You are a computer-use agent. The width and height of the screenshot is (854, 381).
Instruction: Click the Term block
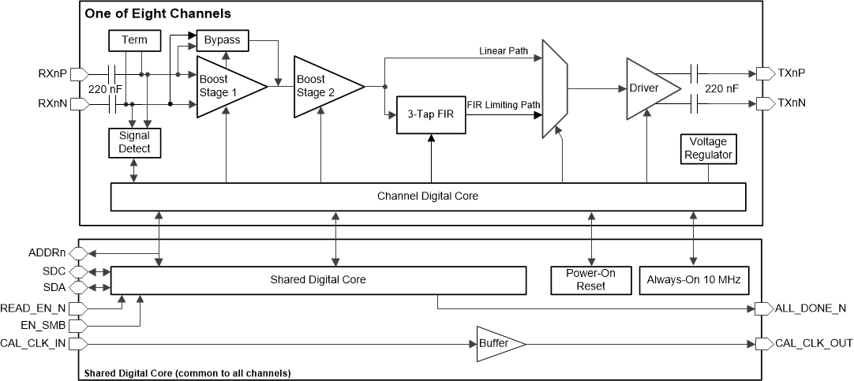[133, 40]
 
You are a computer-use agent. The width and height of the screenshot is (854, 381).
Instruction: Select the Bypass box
[223, 39]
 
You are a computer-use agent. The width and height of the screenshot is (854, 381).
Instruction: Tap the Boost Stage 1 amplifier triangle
[225, 86]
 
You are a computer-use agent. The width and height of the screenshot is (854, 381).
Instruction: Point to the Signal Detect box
[134, 142]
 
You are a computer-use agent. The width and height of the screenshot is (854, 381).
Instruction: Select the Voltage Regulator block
[708, 148]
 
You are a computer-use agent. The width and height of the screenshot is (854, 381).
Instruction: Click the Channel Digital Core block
[427, 196]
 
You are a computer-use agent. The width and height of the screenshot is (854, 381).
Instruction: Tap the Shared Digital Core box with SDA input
[318, 279]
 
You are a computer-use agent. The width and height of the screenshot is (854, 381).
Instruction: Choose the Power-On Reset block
[590, 279]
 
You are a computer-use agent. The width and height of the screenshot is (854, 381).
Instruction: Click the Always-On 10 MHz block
[693, 279]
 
